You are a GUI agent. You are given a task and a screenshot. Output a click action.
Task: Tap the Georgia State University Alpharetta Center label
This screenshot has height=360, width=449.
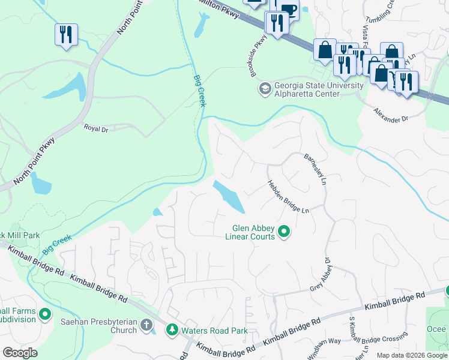[319, 89]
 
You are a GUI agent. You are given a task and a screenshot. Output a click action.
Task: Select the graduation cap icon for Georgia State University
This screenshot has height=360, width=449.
[265, 89]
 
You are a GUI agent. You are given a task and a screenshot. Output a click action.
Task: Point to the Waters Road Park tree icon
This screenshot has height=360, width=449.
[172, 330]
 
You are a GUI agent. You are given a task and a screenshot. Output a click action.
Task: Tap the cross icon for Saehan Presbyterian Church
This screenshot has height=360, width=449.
[146, 326]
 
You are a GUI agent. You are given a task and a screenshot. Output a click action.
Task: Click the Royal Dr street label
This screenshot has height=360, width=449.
[95, 128]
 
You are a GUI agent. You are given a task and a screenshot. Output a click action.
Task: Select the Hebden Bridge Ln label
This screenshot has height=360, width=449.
[288, 197]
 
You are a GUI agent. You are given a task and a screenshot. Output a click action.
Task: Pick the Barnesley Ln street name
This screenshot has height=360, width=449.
[315, 169]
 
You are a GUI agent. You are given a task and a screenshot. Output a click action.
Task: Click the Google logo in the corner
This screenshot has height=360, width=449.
[20, 352]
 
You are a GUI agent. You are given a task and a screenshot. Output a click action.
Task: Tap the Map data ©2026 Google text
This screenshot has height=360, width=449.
[412, 355]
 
